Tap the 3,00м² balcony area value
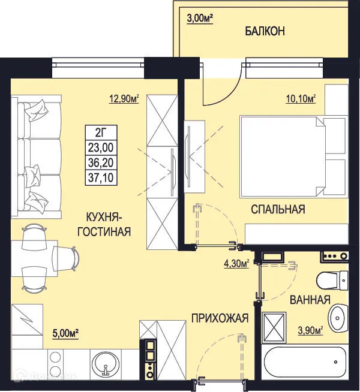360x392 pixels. [x=198, y=18]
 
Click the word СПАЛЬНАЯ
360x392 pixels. [x=278, y=210]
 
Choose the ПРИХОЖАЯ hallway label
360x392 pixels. [x=220, y=319]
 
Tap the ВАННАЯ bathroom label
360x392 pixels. [x=310, y=300]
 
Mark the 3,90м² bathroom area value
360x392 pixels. [x=310, y=330]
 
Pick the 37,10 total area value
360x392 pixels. [x=103, y=176]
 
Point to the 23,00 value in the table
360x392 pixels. [x=103, y=147]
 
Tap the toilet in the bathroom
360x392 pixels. [x=328, y=281]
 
